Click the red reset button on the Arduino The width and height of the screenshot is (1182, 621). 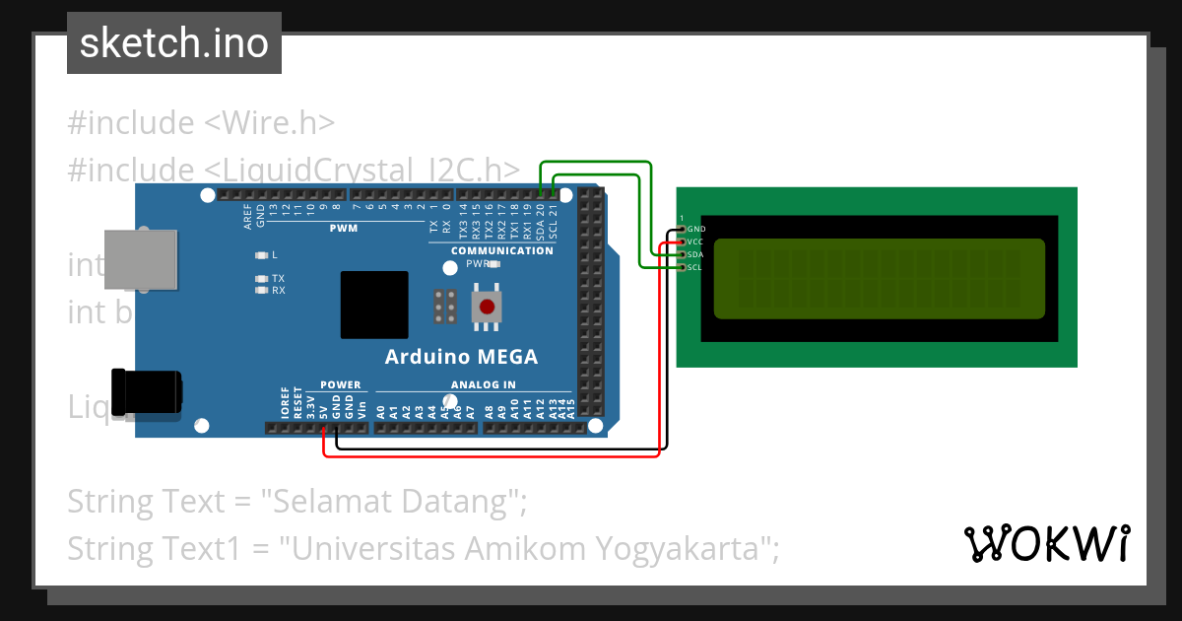pyautogui.click(x=486, y=307)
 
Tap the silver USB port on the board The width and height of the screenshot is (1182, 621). pyautogui.click(x=141, y=259)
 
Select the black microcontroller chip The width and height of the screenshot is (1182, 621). pyautogui.click(x=374, y=305)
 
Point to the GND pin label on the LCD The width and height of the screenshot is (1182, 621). pyautogui.click(x=696, y=229)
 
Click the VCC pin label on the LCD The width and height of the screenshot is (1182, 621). pyautogui.click(x=695, y=241)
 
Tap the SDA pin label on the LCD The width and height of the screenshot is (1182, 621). pyautogui.click(x=695, y=254)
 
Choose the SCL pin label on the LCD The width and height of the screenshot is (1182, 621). pyautogui.click(x=694, y=267)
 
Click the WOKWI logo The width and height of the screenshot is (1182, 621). pyautogui.click(x=1046, y=543)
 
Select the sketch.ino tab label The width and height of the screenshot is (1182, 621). pyautogui.click(x=174, y=43)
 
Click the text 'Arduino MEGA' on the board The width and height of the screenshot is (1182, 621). pyautogui.click(x=461, y=357)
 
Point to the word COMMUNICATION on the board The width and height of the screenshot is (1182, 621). pyautogui.click(x=502, y=250)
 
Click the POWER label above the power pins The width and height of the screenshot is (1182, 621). pyautogui.click(x=341, y=384)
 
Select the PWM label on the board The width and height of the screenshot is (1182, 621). pyautogui.click(x=343, y=229)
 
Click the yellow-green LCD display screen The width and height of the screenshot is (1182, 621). pyautogui.click(x=879, y=279)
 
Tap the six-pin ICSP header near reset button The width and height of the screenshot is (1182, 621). pyautogui.click(x=444, y=307)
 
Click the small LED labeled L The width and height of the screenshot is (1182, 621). pyautogui.click(x=261, y=254)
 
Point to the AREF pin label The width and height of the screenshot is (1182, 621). pyautogui.click(x=247, y=217)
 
